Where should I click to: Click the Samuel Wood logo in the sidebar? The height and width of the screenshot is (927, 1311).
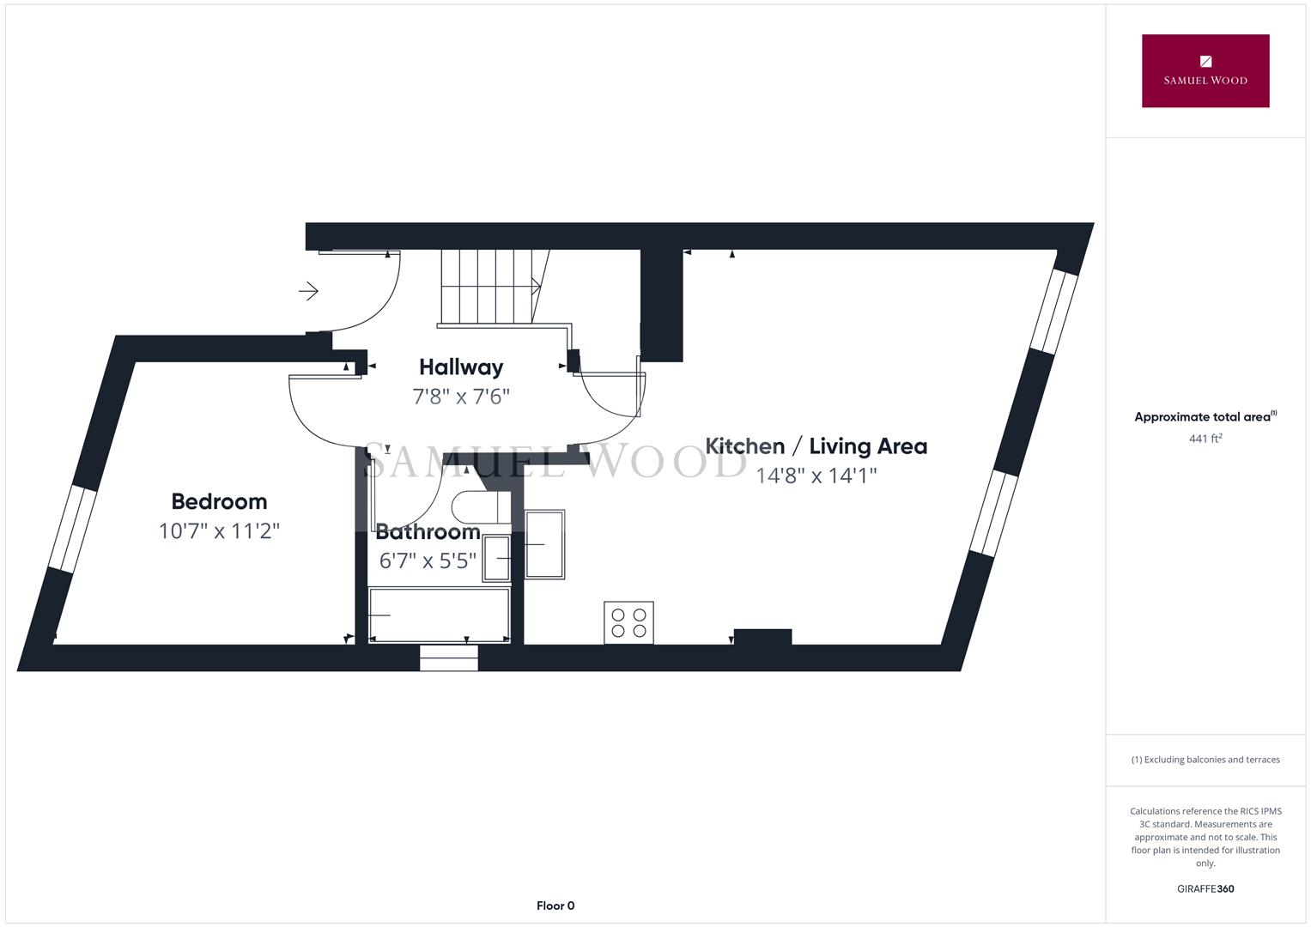coord(1205,70)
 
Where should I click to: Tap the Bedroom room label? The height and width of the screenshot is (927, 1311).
coord(219,501)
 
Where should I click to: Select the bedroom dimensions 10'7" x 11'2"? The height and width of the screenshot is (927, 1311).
coord(219,531)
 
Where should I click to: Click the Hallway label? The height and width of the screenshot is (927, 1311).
coord(461,367)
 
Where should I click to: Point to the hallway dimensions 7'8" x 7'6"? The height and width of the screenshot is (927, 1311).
coord(461,397)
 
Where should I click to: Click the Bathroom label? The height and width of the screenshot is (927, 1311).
coord(428,532)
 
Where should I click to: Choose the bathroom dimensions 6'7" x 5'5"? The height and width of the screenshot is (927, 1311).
coord(428,561)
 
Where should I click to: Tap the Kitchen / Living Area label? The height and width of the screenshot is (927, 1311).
coord(816,446)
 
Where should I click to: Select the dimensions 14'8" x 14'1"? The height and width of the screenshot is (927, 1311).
coord(816,476)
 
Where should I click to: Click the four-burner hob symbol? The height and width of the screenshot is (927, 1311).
coord(628,622)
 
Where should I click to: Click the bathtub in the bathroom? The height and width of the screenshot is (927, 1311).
coord(440,615)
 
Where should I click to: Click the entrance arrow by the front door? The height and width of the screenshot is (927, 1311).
coord(308,291)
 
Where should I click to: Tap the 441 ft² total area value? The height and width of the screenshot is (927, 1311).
coord(1205,439)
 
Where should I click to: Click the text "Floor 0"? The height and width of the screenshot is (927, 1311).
coord(555,906)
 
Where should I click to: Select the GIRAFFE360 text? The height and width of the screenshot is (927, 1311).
coord(1205,889)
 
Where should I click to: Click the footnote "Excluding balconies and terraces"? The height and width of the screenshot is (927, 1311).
coord(1205,760)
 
